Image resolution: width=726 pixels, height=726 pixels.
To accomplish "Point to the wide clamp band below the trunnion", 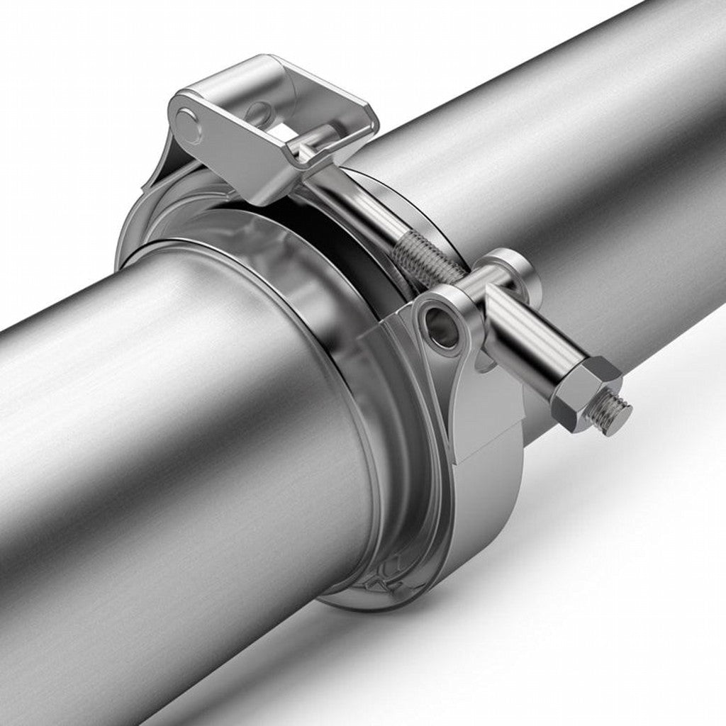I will tap(489, 510).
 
